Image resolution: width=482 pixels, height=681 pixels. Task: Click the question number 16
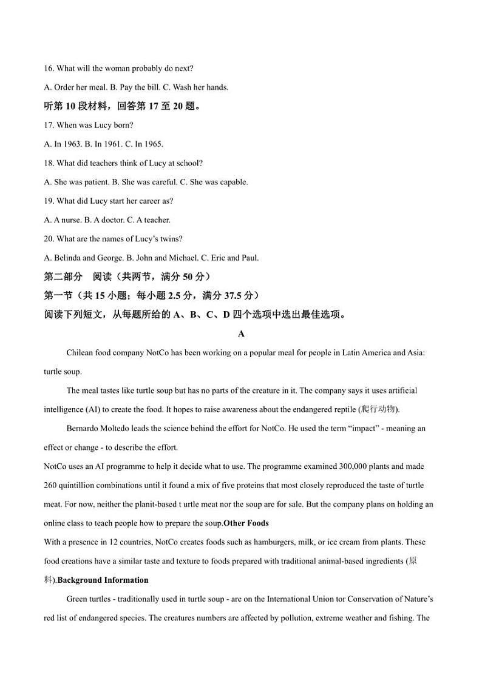point(49,68)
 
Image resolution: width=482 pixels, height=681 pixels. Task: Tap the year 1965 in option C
point(154,144)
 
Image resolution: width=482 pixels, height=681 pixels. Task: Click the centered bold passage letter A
point(241,334)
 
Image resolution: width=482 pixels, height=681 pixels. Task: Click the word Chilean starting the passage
point(80,352)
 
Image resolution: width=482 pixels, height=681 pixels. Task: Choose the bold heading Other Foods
point(246,523)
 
